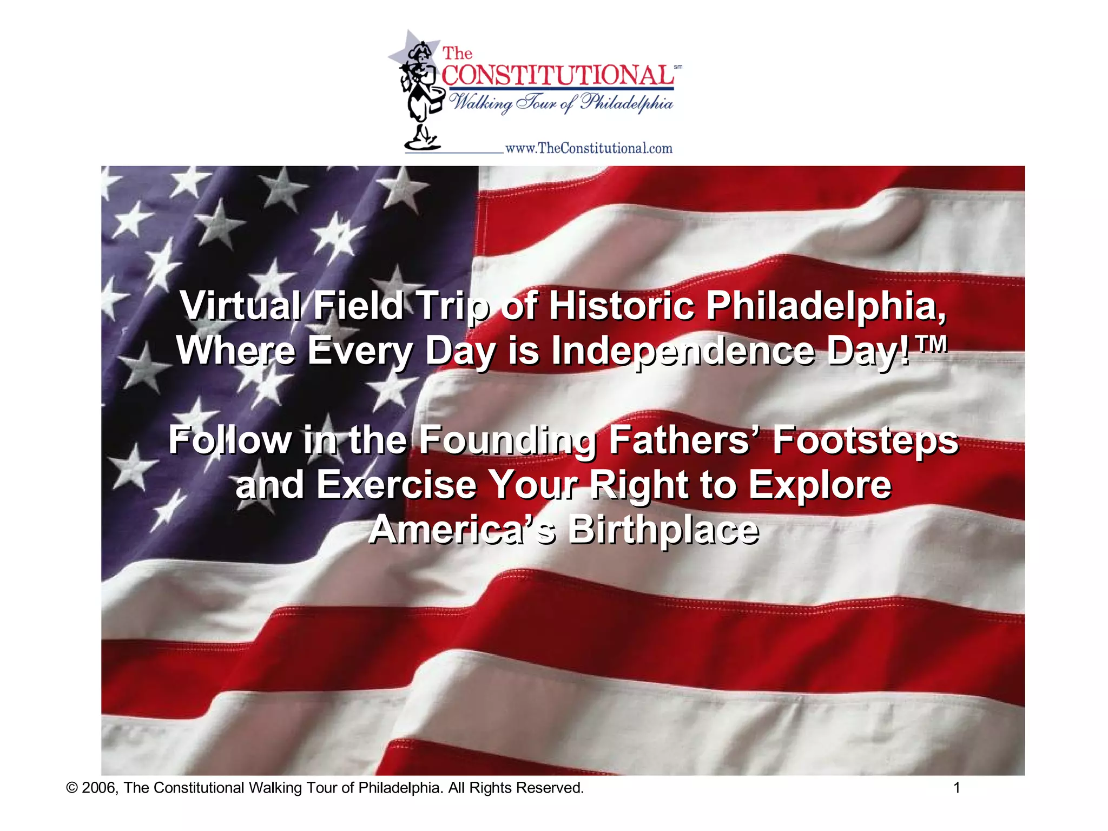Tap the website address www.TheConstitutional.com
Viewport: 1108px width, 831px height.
pos(589,148)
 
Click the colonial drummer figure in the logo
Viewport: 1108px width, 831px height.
pos(417,92)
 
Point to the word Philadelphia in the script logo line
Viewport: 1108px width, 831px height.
pos(626,102)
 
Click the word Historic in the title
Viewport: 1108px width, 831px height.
pos(622,306)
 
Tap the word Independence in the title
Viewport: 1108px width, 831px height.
pos(683,351)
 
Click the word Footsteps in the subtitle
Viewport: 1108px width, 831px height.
pos(865,440)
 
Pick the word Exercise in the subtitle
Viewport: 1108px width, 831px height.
pos(396,484)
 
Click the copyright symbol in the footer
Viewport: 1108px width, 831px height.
pos(71,788)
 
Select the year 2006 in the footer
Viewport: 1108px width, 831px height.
pos(100,788)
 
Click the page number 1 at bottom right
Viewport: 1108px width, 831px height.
pos(957,788)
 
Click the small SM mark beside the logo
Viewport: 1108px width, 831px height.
pos(678,67)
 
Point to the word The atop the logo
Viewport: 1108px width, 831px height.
pos(458,54)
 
